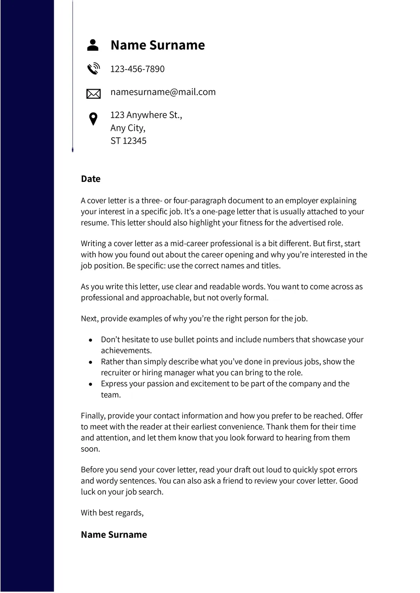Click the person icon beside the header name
coord(93,45)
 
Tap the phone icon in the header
coord(93,69)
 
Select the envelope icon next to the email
coord(93,93)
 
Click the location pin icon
coord(93,119)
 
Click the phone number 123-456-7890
coord(137,69)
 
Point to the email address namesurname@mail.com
coord(163,92)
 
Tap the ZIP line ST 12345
coord(128,141)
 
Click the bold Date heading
coord(91,179)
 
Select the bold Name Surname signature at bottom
coord(114,534)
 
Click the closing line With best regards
coord(112,513)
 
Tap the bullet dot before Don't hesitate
coord(91,340)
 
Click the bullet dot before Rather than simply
coord(91,362)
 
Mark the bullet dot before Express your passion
coord(91,384)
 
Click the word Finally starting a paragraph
coord(93,416)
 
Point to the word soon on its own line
coord(90,449)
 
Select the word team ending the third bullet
coord(111,395)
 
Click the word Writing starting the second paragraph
coord(93,244)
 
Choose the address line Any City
coord(128,128)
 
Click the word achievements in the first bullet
coord(126,350)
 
